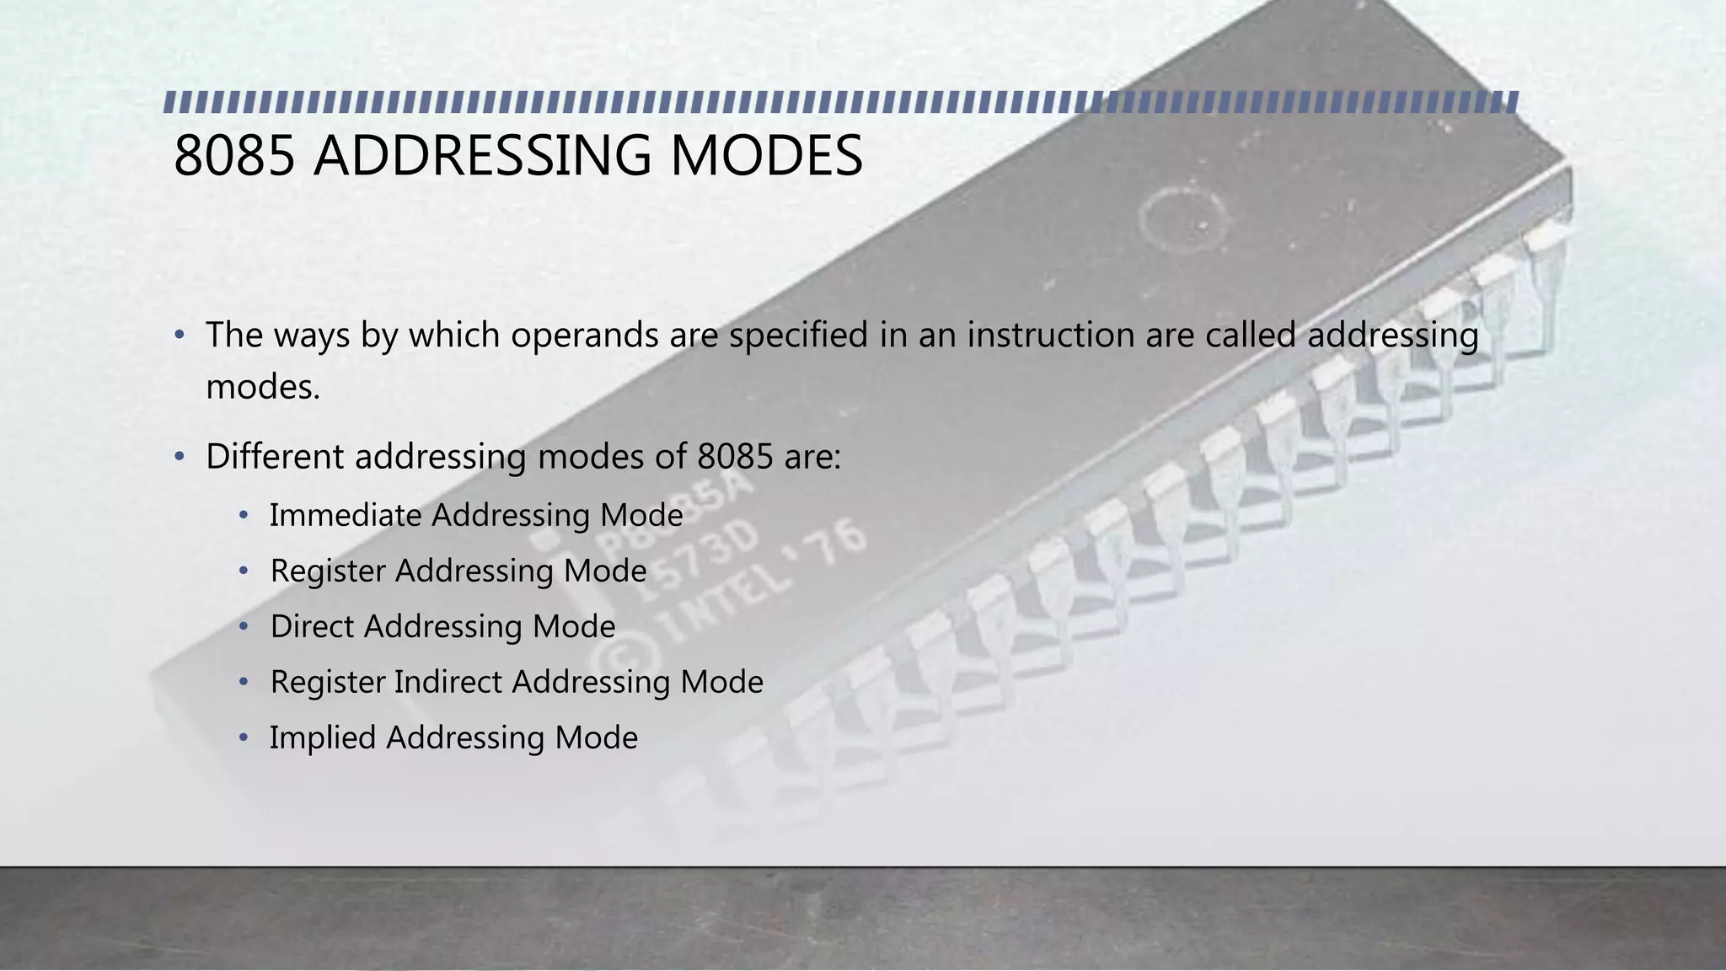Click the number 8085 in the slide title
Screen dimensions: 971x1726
pos(234,156)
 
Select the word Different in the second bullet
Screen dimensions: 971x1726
pos(275,457)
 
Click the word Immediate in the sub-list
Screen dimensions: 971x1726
pos(346,515)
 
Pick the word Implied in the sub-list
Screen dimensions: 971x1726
pos(323,738)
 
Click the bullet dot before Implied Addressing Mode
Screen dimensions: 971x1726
pos(244,738)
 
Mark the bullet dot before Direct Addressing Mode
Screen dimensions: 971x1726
pos(244,627)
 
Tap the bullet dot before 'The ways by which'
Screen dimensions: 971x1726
pos(179,335)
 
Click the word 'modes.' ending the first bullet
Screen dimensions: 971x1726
pos(263,388)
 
